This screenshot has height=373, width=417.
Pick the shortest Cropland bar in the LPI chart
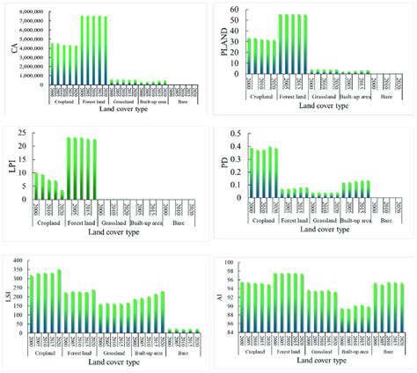[62, 194]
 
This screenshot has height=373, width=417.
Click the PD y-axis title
[223, 165]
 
